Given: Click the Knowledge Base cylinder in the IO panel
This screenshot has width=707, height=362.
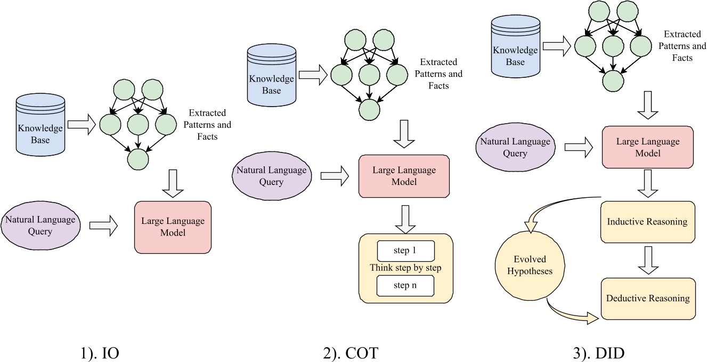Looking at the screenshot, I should click(x=40, y=127).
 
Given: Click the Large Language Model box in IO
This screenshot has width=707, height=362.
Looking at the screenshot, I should click(x=173, y=227).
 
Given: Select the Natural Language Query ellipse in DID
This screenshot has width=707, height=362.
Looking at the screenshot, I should click(x=515, y=147).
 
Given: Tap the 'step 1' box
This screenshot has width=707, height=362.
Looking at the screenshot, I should click(x=406, y=250).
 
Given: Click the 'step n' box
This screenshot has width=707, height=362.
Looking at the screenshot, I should click(x=406, y=286).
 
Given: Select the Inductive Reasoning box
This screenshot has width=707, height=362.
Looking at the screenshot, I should click(x=647, y=221).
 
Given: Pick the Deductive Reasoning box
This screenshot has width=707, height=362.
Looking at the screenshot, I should click(x=647, y=298).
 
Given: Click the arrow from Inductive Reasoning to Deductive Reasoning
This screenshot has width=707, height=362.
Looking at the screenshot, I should click(x=647, y=260).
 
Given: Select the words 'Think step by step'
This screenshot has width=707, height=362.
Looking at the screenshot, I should click(x=406, y=268).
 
